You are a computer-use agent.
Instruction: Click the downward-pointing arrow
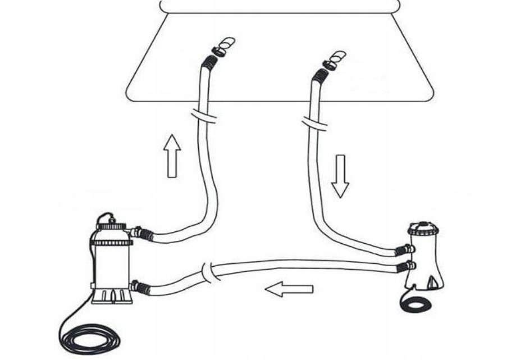coord(340,176)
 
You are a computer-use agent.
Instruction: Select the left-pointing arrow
coord(289,290)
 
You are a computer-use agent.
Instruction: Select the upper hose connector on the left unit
coord(142,233)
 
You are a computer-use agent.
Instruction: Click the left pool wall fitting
coord(221,48)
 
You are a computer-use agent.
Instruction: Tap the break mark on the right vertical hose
coord(315,122)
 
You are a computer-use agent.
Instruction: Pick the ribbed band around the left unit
coord(112,243)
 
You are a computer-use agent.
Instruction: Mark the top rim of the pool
coord(280,6)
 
